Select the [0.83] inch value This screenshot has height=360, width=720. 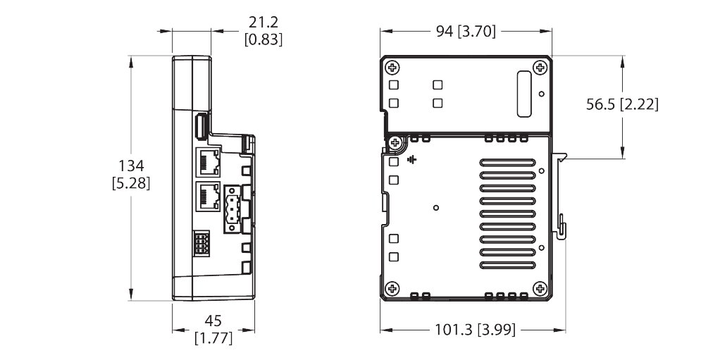click(263, 40)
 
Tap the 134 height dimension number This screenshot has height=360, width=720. click(131, 166)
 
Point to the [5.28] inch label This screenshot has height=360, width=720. click(131, 183)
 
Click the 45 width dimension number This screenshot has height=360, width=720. click(213, 321)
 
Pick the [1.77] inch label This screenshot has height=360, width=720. click(213, 337)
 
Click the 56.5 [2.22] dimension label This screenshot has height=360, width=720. click(622, 105)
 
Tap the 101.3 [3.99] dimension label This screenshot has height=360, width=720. click(475, 330)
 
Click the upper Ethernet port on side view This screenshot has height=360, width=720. click(209, 161)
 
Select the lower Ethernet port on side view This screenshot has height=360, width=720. click(209, 196)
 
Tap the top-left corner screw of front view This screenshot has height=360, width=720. click(392, 68)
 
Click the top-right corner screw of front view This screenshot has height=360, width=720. click(540, 68)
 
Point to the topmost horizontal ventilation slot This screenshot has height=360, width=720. click(507, 163)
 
